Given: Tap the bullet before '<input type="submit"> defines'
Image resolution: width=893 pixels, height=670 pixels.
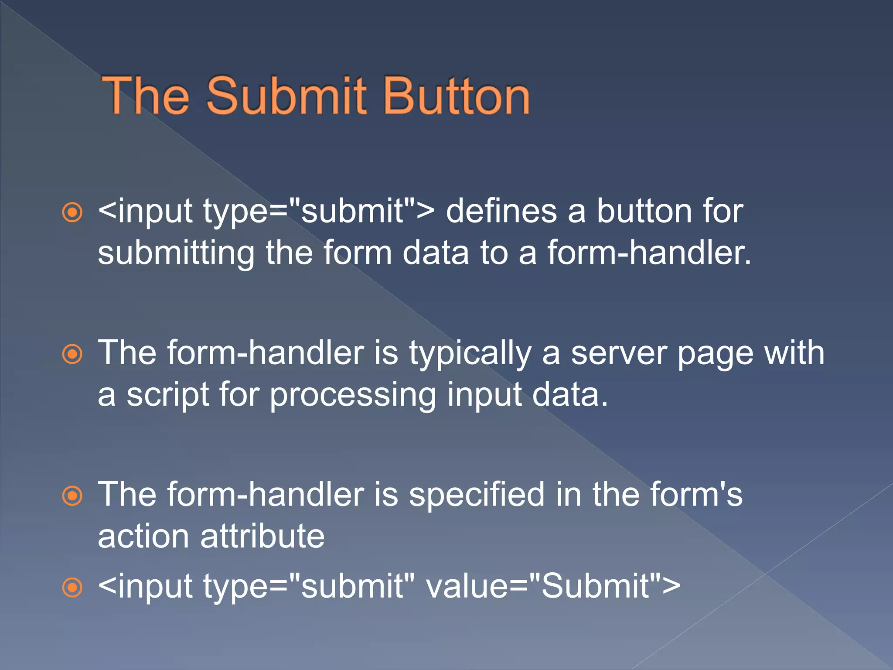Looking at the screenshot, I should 72,212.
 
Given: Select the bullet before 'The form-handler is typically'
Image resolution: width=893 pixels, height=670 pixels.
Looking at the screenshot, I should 72,354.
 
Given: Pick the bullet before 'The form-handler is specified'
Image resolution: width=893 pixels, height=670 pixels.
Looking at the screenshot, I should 72,496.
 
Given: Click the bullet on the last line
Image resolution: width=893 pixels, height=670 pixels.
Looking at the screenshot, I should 72,587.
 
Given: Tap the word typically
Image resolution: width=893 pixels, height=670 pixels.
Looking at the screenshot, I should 470,353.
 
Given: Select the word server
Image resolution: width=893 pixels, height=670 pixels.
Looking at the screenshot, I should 619,353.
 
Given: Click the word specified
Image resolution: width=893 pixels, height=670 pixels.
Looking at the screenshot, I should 477,495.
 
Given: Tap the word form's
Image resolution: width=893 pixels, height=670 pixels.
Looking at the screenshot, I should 696,495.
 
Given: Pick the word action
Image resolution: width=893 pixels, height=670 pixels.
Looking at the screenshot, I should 144,537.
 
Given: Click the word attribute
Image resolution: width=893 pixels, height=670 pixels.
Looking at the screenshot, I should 262,537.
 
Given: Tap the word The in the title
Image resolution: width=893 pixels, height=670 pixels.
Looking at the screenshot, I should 146,96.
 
